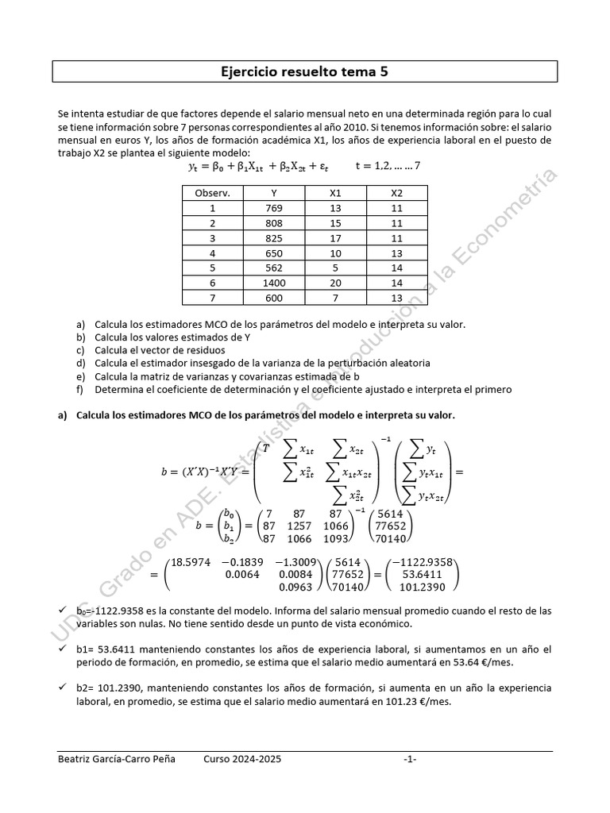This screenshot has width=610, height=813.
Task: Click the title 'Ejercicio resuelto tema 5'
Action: (x=304, y=72)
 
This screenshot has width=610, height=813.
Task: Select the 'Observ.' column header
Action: (x=212, y=193)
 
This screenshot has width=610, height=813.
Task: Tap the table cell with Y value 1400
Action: (x=274, y=283)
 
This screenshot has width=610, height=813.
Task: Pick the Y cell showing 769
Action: (x=274, y=208)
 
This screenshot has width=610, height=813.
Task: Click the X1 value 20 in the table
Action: (x=335, y=283)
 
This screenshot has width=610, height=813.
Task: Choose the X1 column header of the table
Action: (x=335, y=193)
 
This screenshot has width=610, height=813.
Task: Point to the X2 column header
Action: (x=397, y=193)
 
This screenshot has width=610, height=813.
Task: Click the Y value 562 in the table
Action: (x=274, y=268)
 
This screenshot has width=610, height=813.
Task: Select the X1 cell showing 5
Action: (x=335, y=268)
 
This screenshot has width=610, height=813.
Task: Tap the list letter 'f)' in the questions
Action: (x=80, y=389)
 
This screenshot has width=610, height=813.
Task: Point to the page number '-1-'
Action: (x=410, y=759)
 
